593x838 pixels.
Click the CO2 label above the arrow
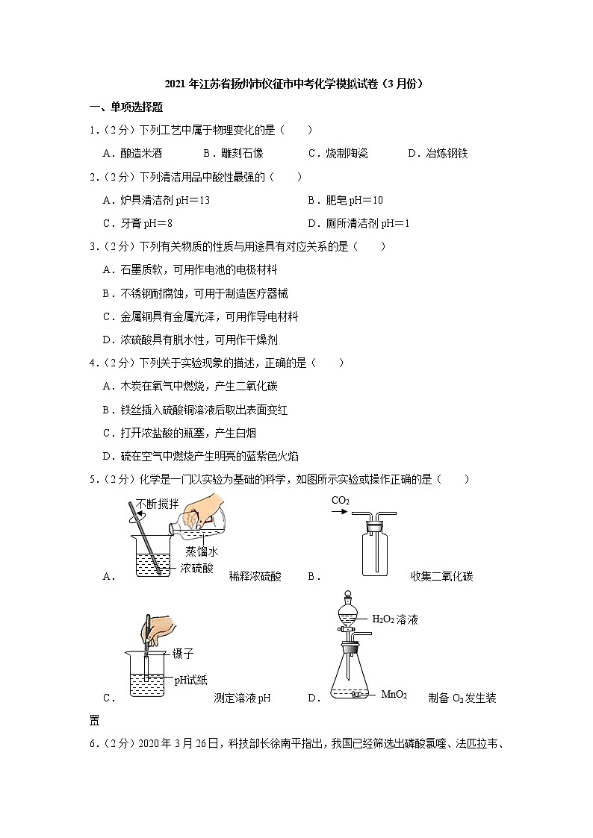341,500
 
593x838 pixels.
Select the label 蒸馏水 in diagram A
202,552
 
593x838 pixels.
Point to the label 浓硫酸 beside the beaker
196,569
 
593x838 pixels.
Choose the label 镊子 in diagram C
183,654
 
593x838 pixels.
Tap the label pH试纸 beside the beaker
191,679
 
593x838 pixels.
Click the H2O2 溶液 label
395,619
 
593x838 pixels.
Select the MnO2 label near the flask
394,695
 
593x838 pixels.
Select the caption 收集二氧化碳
442,576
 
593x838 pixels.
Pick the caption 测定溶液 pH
241,698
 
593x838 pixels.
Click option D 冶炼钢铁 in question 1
438,153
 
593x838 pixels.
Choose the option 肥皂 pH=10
345,200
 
